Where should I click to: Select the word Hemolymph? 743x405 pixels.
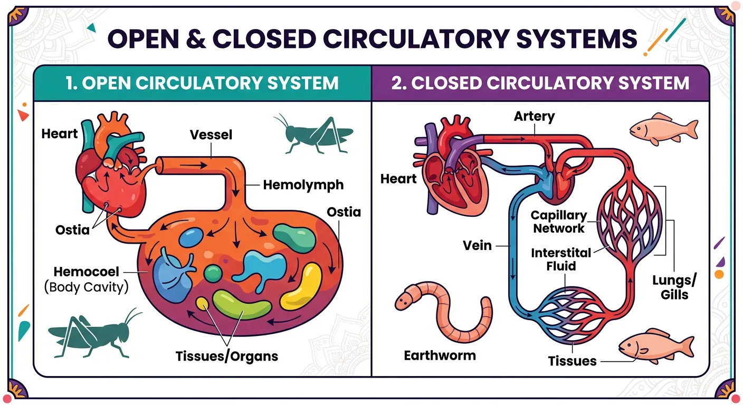click(x=303, y=185)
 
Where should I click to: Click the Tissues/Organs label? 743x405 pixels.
click(x=227, y=356)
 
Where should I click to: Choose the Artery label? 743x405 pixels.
click(x=534, y=116)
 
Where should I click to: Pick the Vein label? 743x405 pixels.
click(x=477, y=245)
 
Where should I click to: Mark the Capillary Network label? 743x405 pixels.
click(x=558, y=222)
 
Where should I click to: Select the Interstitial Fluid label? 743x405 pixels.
click(x=560, y=259)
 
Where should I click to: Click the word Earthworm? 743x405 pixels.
click(x=440, y=355)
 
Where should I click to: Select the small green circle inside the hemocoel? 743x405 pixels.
click(x=213, y=273)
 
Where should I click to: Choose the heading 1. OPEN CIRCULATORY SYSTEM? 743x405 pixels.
click(x=203, y=83)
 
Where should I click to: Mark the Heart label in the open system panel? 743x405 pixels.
click(x=60, y=134)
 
